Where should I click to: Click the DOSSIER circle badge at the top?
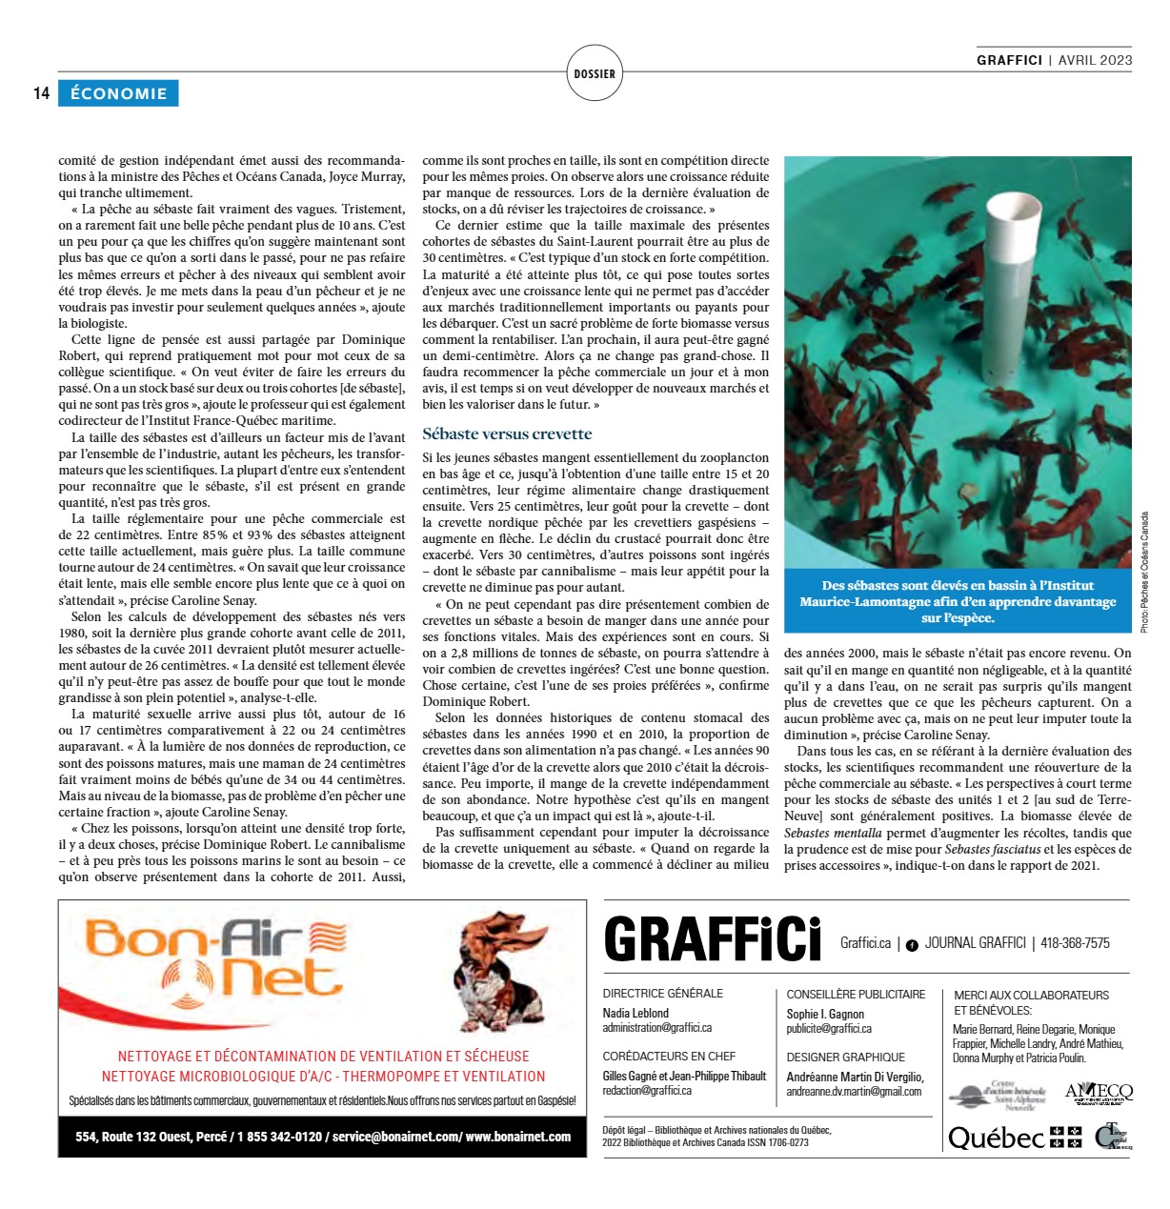point(595,73)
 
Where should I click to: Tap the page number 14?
point(41,93)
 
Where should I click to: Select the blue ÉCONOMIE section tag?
point(118,93)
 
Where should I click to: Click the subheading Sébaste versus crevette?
point(507,433)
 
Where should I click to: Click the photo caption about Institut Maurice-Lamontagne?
point(958,601)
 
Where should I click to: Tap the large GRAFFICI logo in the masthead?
point(713,940)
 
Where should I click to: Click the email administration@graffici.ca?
point(656,1028)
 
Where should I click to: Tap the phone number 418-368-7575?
point(1075,943)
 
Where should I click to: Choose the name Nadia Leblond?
point(635,1013)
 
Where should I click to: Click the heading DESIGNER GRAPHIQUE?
point(845,1057)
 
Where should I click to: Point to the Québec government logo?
point(1015,1138)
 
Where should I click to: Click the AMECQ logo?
point(1099,1092)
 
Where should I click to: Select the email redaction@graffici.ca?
point(647,1091)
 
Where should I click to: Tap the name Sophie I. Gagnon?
point(825,1014)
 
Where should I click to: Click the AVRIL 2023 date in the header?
point(1095,60)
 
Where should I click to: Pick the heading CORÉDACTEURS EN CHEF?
point(669,1056)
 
